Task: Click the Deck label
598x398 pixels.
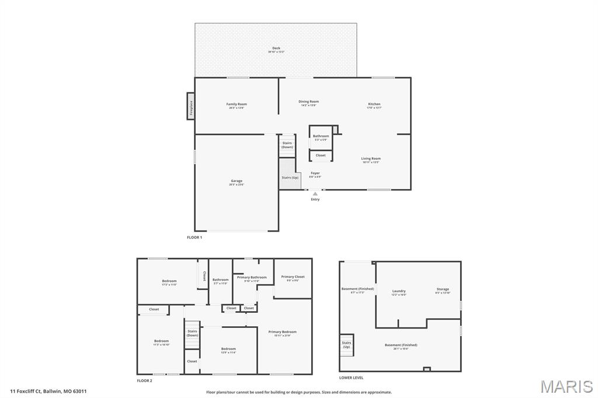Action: point(276,48)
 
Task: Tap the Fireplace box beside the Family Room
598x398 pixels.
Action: point(190,106)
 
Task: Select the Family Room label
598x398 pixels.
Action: point(237,104)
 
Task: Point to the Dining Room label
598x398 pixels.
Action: point(309,102)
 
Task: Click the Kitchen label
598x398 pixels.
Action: point(374,104)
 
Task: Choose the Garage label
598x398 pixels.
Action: point(236,181)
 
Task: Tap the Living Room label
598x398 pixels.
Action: point(370,159)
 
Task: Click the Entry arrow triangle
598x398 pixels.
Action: point(315,194)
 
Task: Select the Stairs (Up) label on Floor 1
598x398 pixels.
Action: point(290,177)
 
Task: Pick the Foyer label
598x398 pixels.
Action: point(315,173)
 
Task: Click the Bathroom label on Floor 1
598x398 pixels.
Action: point(321,137)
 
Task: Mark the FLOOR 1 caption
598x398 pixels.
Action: point(194,238)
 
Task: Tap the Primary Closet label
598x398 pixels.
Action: point(293,277)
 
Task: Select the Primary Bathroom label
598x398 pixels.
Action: point(252,277)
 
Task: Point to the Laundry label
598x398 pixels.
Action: point(399,291)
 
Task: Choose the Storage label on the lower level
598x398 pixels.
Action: point(443,289)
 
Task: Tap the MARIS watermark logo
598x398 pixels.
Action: point(566,386)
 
